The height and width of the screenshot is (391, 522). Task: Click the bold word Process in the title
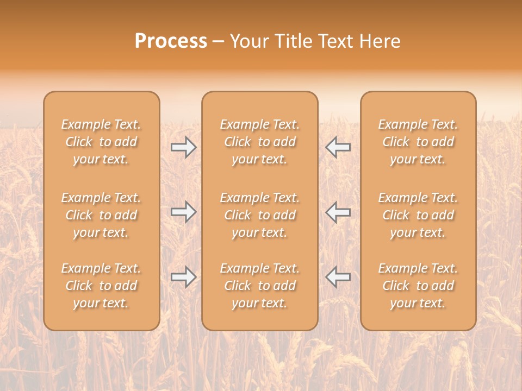coord(171,41)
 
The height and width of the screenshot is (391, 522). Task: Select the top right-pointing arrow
coord(183,147)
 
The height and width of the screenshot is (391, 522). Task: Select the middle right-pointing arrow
coord(183,212)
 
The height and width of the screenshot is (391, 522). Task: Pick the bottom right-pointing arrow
coord(183,277)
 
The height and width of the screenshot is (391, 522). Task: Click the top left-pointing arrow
coord(338,147)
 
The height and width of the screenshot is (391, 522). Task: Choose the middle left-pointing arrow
coord(338,212)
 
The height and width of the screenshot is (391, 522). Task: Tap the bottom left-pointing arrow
coord(338,277)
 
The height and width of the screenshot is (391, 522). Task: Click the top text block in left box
coord(101,142)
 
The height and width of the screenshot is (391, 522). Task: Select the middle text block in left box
coord(101,215)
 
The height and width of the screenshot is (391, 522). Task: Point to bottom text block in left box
coord(101,286)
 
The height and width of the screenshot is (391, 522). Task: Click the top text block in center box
coord(259,142)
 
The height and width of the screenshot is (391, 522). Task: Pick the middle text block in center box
coord(259,215)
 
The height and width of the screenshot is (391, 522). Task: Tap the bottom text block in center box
coord(259,286)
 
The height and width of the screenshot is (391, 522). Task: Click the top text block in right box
coord(418,142)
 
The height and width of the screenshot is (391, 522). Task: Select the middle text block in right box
coord(418,215)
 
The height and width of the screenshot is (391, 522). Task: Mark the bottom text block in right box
coord(418,286)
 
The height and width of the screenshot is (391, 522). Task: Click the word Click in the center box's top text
coord(238,142)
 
